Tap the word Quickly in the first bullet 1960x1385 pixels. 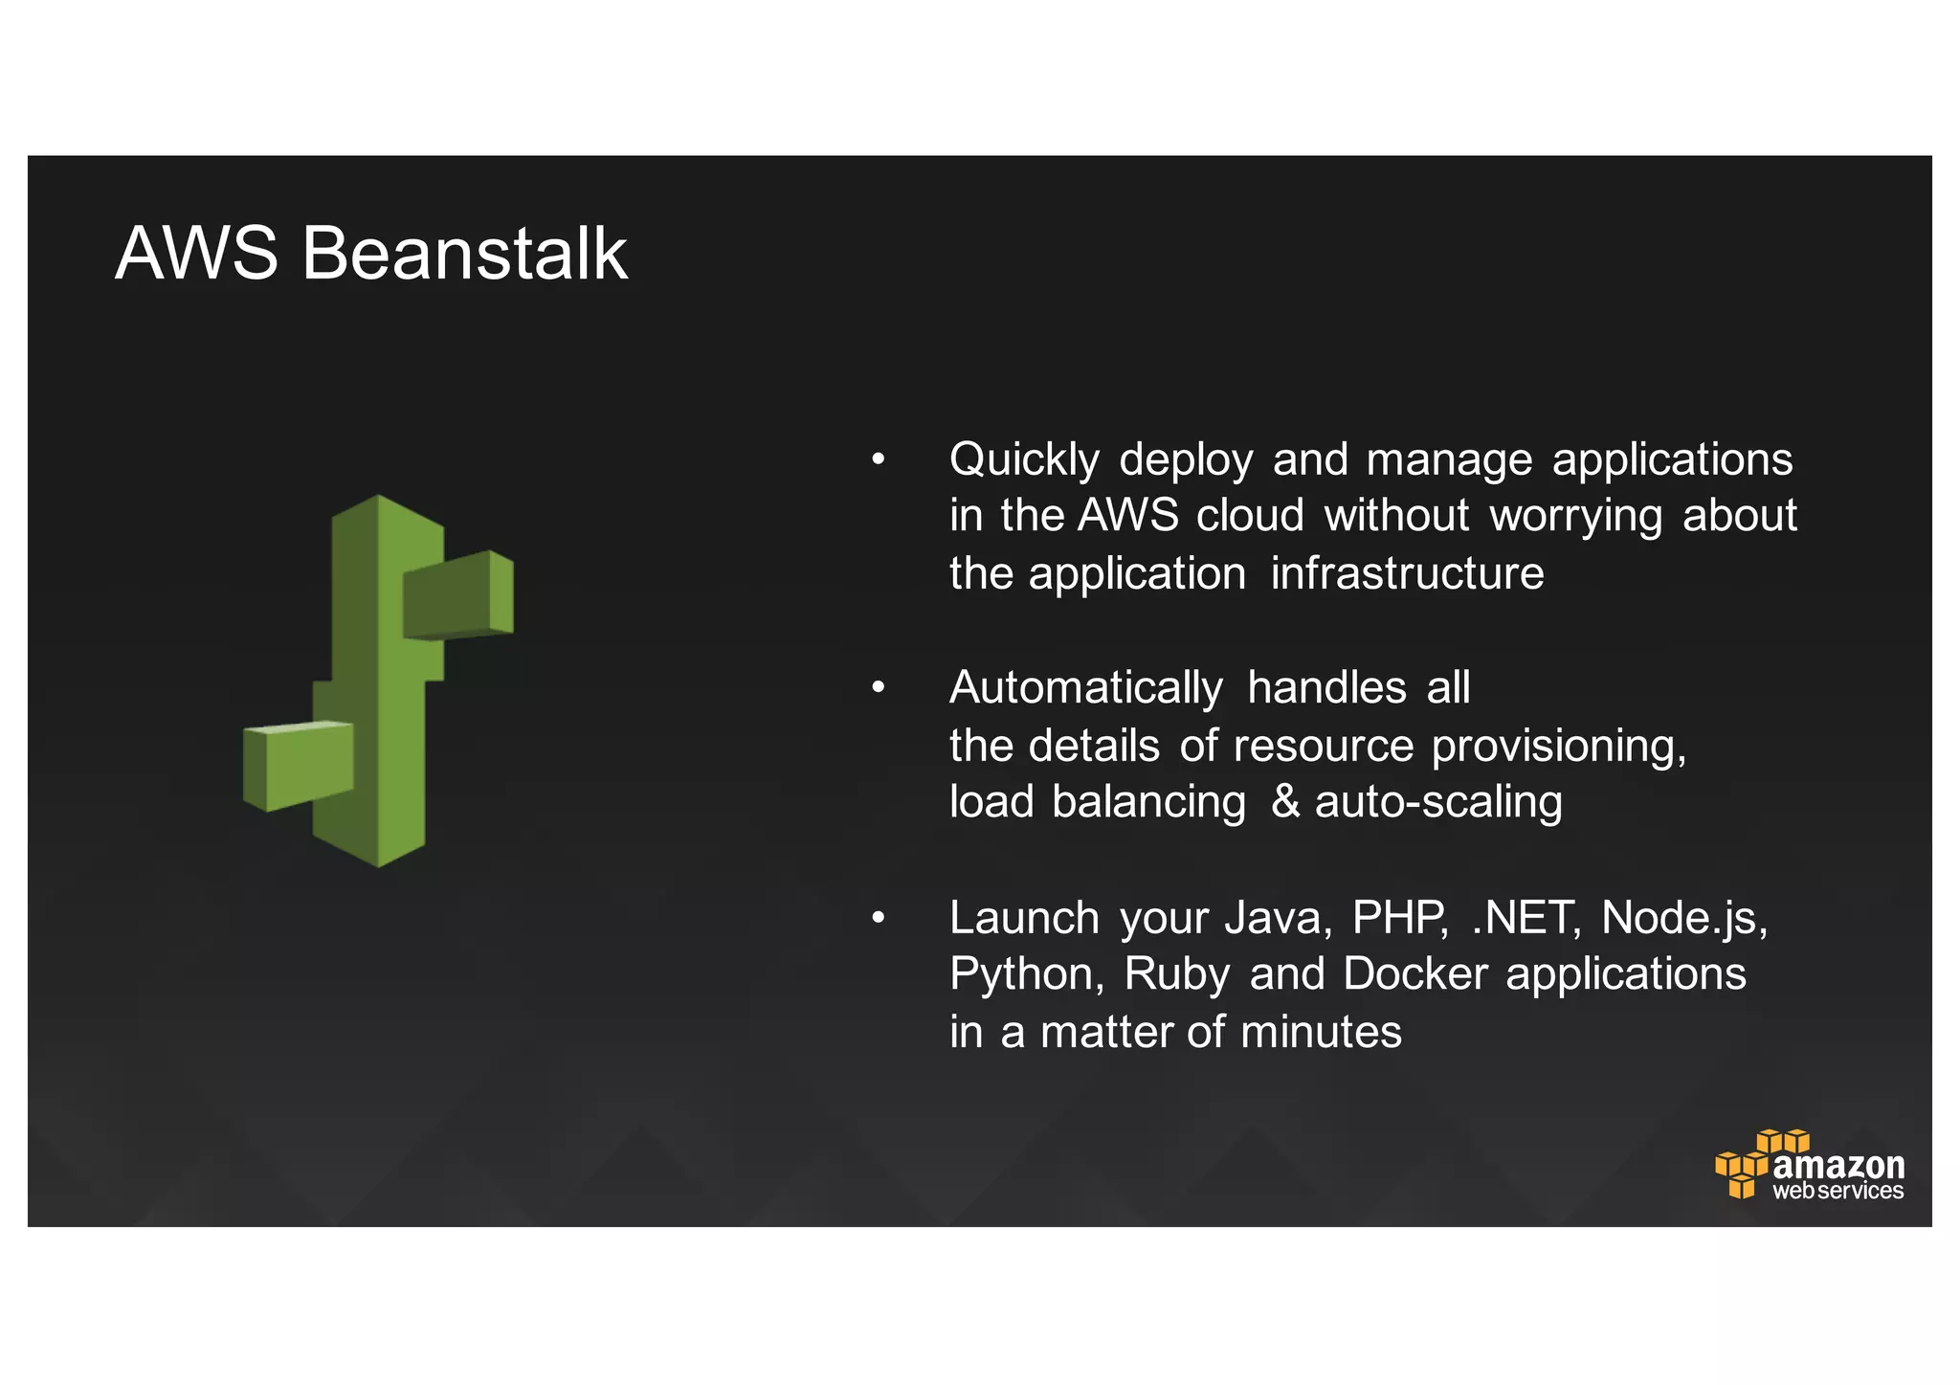(x=1024, y=460)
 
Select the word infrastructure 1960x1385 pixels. (x=1407, y=573)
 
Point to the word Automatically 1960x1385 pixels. (x=1085, y=689)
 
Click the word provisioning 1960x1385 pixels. (x=1558, y=747)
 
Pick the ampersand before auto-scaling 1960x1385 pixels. (x=1285, y=802)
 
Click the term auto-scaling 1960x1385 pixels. (x=1438, y=802)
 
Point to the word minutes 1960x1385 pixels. (x=1321, y=1032)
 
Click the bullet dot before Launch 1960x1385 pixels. (x=879, y=919)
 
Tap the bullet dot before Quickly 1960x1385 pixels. (x=879, y=460)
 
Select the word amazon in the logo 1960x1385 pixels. (x=1838, y=1165)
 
